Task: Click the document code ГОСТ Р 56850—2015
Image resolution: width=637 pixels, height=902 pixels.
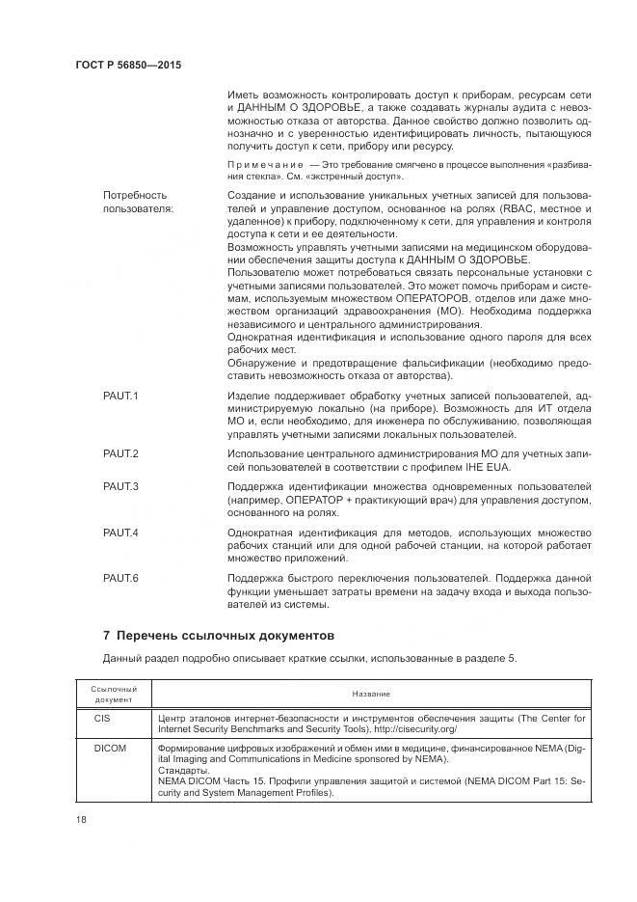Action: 127,65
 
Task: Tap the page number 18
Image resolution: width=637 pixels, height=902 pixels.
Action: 80,819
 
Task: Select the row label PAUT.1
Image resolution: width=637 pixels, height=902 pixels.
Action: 121,396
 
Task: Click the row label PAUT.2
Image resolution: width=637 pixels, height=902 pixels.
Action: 121,453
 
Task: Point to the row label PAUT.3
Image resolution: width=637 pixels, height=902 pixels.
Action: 121,485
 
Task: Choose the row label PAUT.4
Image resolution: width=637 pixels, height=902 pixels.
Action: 121,533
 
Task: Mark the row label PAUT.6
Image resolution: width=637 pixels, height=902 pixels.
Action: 121,577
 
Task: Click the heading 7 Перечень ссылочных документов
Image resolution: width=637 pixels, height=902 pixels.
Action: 218,636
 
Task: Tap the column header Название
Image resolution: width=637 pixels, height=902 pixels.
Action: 370,694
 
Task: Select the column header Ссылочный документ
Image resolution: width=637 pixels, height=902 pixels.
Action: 115,694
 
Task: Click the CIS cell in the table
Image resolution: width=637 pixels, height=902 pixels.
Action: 104,719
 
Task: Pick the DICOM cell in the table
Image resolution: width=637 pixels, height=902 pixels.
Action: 112,748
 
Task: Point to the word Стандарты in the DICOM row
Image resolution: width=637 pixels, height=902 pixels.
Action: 182,771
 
